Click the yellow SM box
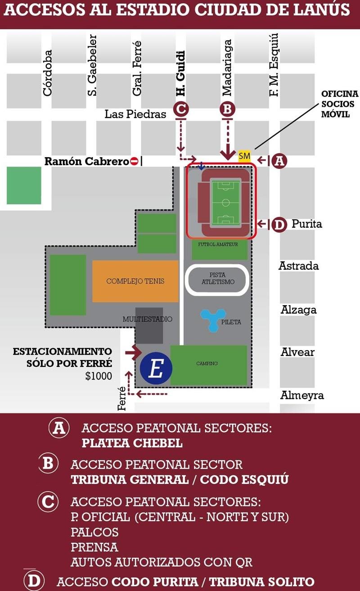[244, 156]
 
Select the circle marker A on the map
[280, 161]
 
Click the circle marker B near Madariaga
[227, 109]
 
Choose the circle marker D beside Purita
[279, 224]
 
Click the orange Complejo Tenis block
[135, 281]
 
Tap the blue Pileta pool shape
[213, 320]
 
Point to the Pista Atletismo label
[217, 278]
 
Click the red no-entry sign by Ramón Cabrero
[134, 161]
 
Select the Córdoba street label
[47, 72]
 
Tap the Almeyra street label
[302, 396]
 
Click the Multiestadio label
[148, 319]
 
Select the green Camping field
[208, 365]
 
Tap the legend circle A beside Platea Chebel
[59, 428]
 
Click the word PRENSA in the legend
[94, 547]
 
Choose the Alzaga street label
[299, 310]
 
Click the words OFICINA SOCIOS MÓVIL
[340, 104]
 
